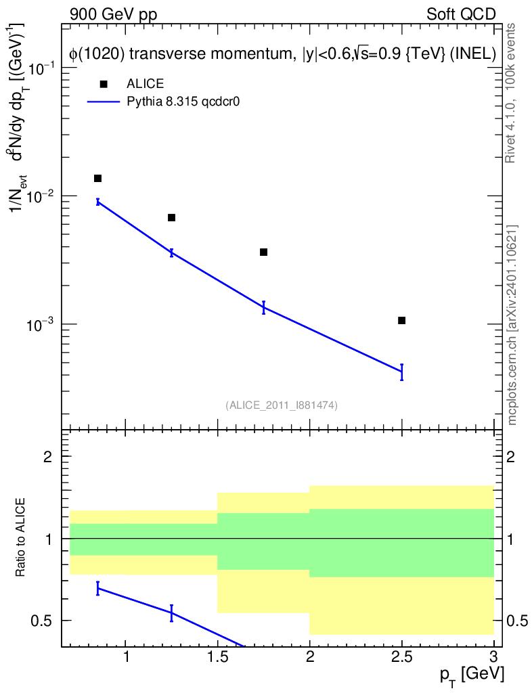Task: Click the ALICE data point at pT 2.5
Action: [x=401, y=320]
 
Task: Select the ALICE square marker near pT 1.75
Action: [x=264, y=252]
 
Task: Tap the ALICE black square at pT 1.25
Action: [x=171, y=217]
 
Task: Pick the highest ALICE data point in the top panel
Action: [x=97, y=178]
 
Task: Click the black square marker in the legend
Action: [x=104, y=84]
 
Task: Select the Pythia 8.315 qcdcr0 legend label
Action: [x=183, y=102]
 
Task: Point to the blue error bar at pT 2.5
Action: [x=401, y=372]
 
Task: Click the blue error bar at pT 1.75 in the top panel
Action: [x=264, y=307]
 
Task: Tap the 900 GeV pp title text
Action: [x=113, y=15]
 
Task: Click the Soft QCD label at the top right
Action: [x=461, y=15]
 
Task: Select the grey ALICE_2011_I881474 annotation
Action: [x=282, y=405]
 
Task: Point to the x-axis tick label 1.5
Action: [x=218, y=657]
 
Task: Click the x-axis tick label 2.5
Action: [x=401, y=657]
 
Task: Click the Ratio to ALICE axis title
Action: [x=20, y=537]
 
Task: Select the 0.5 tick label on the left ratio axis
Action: [x=41, y=621]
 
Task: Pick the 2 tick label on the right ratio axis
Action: [x=510, y=457]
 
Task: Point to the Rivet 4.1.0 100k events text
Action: [x=510, y=93]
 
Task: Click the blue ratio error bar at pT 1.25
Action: [x=171, y=613]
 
